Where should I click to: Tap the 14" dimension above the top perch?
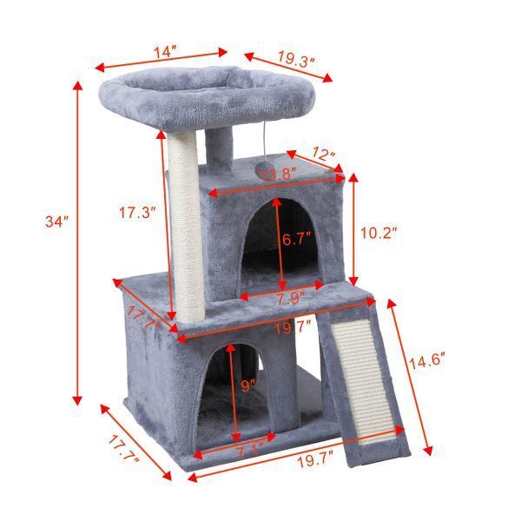(162, 52)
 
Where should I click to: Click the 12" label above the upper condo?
(323, 155)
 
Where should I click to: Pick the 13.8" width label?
(280, 175)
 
